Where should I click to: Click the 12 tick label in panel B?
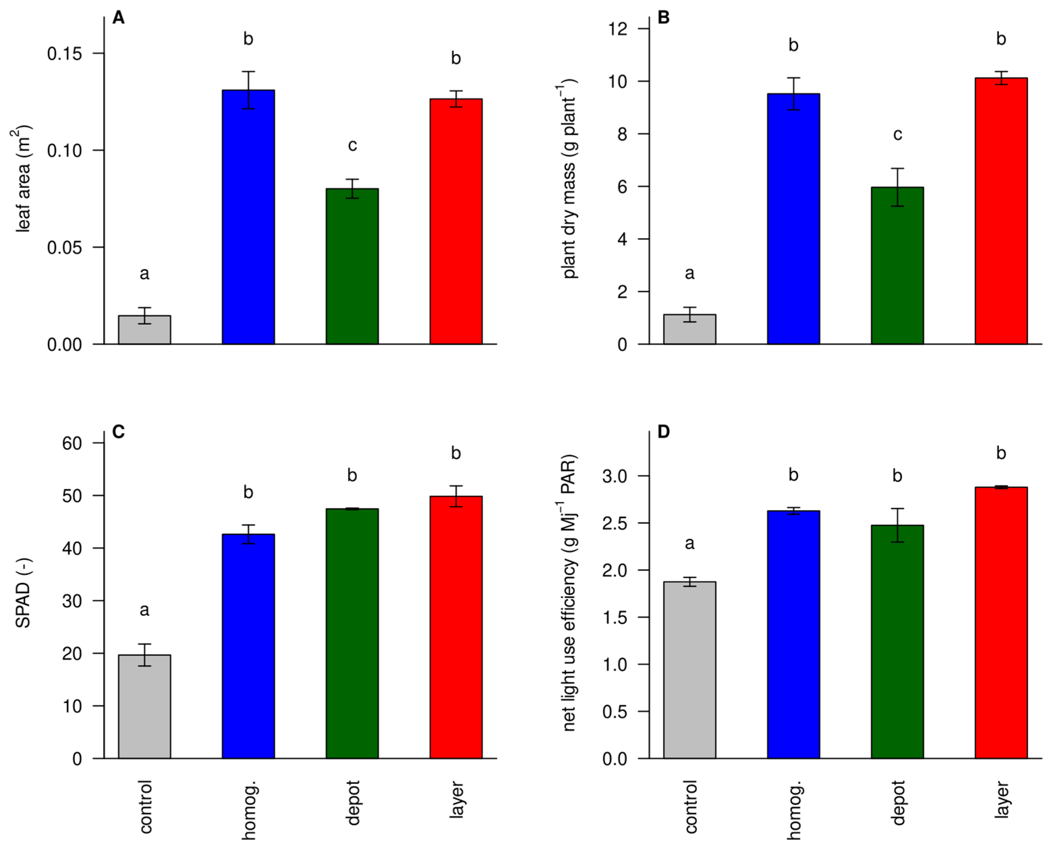coord(618,29)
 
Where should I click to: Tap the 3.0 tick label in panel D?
coord(615,476)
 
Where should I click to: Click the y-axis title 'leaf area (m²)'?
coord(22,179)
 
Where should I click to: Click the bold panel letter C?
coord(118,432)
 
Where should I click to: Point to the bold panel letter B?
coord(663,17)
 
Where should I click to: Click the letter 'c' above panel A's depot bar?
coord(352,145)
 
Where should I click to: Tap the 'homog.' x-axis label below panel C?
coord(248,810)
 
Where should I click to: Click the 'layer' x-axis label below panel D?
coord(1001,800)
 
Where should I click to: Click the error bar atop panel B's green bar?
coord(897,187)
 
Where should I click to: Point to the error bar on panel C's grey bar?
coord(144,655)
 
